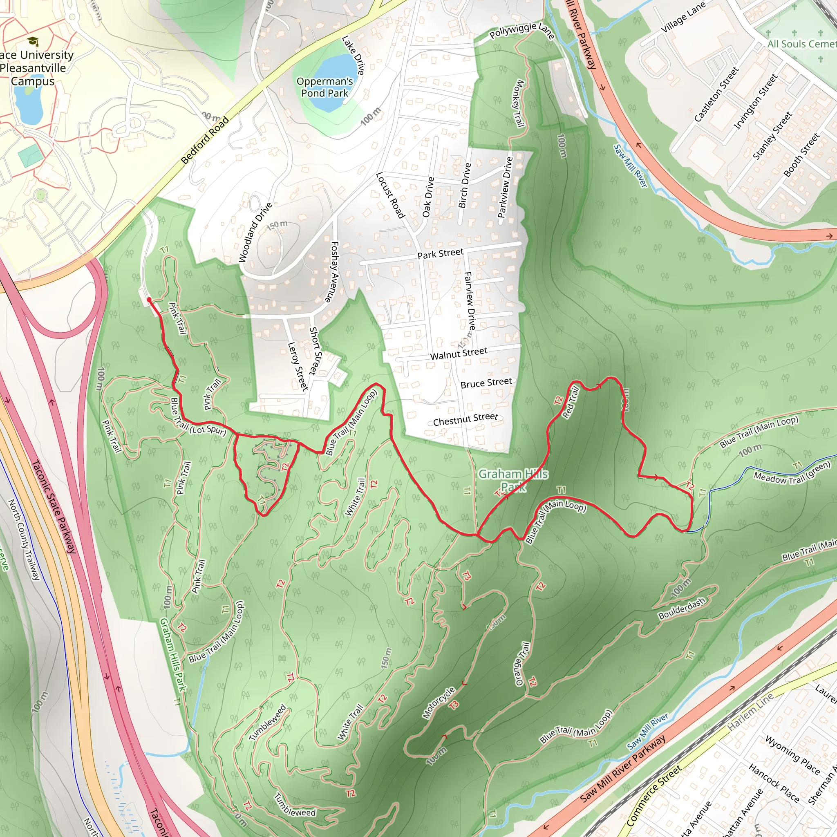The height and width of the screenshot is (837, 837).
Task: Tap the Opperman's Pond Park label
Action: tap(325, 87)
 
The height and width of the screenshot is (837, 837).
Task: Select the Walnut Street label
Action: tap(459, 354)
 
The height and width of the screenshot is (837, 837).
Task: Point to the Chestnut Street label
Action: tap(465, 419)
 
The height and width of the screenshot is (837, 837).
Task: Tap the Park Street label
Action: tap(440, 254)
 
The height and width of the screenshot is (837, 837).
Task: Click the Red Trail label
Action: tap(570, 403)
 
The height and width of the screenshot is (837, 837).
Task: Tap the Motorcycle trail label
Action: tap(439, 703)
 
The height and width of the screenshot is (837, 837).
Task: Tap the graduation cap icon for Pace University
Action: tap(33, 42)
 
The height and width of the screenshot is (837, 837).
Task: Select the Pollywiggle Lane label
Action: tap(521, 31)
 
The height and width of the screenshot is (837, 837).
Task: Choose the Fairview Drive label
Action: tap(470, 300)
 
